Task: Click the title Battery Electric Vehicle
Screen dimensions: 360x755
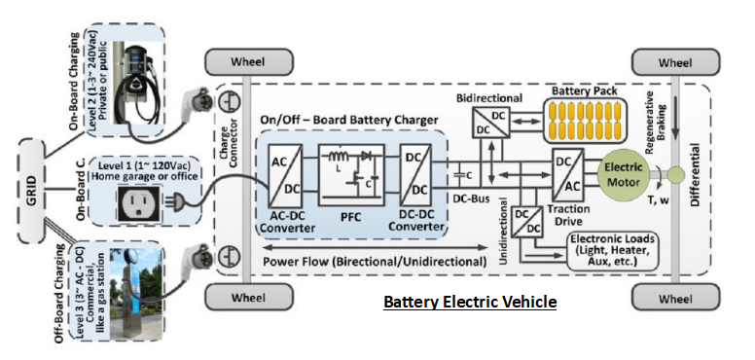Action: (470, 303)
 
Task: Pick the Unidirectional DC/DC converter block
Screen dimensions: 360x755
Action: (528, 222)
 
